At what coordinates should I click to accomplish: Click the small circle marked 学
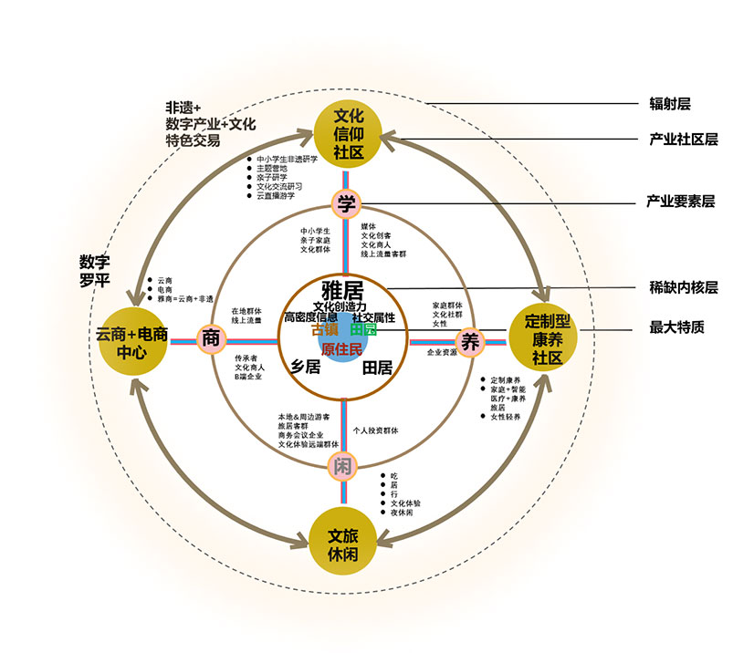345,202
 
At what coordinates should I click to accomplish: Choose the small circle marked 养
470,342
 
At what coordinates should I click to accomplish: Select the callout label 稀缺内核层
683,288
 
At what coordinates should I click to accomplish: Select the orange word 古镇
324,330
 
